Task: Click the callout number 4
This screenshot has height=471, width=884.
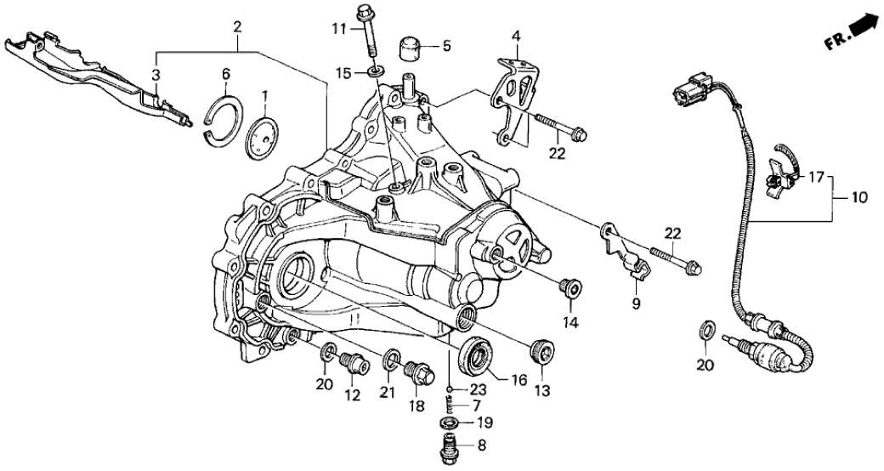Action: pos(515,36)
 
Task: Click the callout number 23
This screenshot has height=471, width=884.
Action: pos(479,389)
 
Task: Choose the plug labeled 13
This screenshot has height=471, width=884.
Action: pos(539,351)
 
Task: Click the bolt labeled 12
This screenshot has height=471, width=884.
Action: pos(353,363)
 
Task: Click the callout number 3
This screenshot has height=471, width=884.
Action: pos(156,77)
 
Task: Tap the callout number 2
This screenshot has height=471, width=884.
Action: pos(239,26)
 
